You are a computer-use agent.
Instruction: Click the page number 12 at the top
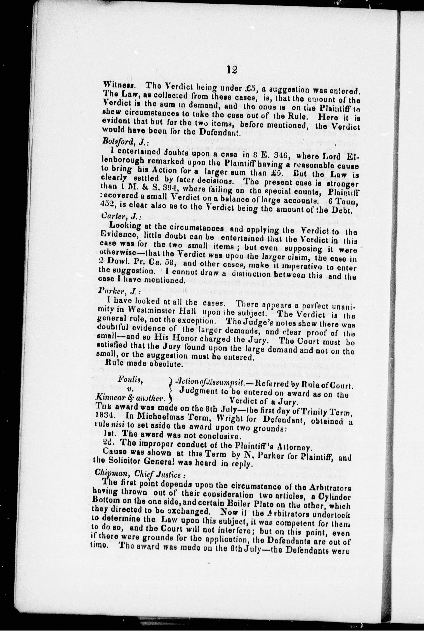[232, 70]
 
